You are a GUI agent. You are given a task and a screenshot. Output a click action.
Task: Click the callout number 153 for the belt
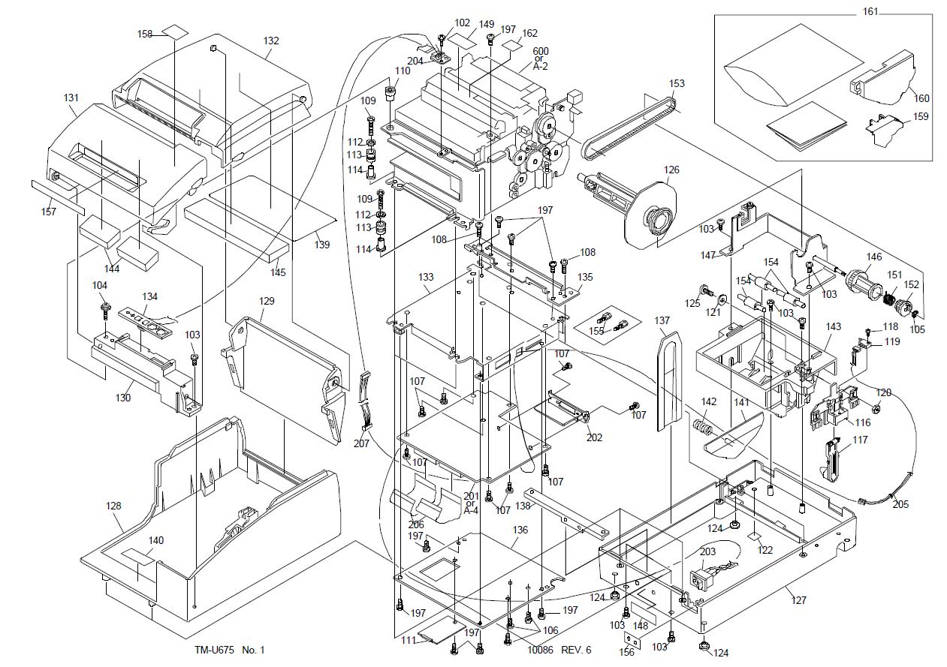click(x=677, y=84)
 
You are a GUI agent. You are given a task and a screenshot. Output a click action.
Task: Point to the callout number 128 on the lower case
click(x=113, y=506)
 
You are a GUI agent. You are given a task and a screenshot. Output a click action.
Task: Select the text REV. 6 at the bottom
click(x=576, y=650)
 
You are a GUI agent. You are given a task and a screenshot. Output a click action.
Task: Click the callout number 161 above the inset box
click(x=868, y=13)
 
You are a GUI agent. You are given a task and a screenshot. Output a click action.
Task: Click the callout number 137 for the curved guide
click(x=662, y=321)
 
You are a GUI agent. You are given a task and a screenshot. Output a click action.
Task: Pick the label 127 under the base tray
click(x=798, y=600)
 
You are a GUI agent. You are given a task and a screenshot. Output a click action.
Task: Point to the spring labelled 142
click(x=701, y=431)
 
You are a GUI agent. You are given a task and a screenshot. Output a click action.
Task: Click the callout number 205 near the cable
click(x=900, y=504)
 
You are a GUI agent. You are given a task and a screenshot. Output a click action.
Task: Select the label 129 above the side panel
click(x=267, y=301)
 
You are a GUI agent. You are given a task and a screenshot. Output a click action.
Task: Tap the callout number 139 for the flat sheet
click(x=321, y=245)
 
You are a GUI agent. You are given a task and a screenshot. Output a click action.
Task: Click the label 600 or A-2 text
click(x=541, y=59)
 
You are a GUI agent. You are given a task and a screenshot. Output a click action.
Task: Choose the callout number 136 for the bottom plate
click(x=520, y=530)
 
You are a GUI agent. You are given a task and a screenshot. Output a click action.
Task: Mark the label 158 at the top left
click(x=145, y=34)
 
